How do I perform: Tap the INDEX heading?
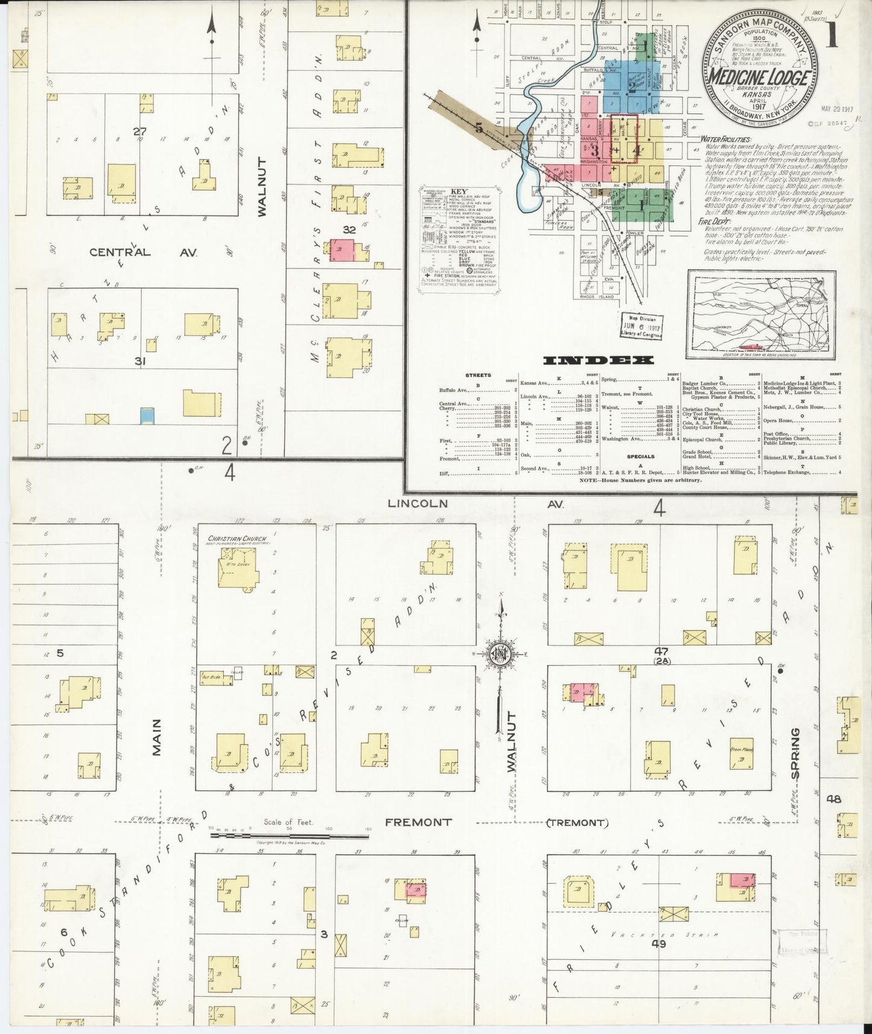pyautogui.click(x=598, y=360)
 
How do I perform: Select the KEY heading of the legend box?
pyautogui.click(x=459, y=191)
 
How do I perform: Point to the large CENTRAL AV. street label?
pyautogui.click(x=144, y=252)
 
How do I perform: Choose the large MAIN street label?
pyautogui.click(x=157, y=737)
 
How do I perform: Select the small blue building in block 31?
pyautogui.click(x=147, y=416)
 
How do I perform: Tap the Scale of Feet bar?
pyautogui.click(x=289, y=836)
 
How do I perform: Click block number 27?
pyautogui.click(x=140, y=131)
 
